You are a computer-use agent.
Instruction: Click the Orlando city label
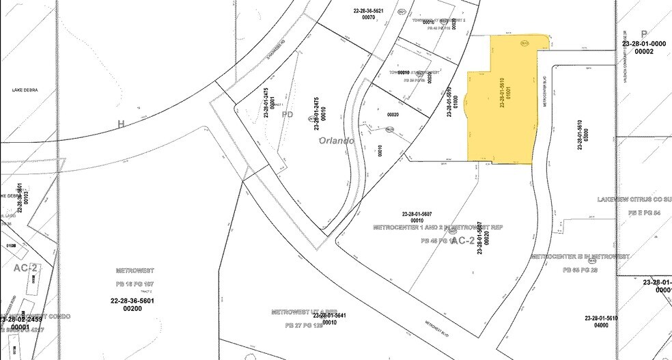coord(336,141)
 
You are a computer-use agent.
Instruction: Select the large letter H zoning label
coord(122,124)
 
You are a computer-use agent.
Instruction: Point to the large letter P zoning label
coord(643,33)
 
